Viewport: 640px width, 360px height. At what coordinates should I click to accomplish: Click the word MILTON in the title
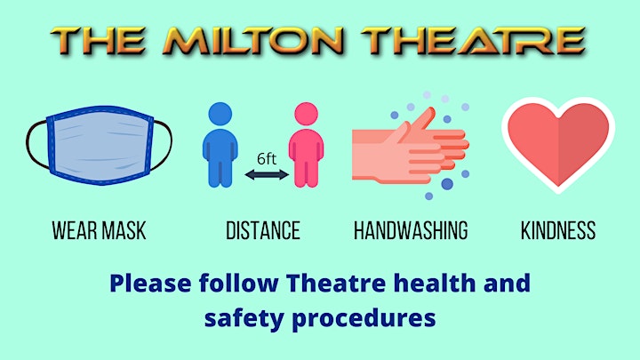(253, 41)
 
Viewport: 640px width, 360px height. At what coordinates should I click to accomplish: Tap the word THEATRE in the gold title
(474, 41)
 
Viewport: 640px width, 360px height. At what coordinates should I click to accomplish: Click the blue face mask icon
(100, 145)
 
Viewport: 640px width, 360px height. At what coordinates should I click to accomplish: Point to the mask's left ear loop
(36, 144)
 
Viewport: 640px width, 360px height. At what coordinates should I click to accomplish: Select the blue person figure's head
(220, 114)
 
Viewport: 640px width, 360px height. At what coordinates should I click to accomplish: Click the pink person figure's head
(306, 114)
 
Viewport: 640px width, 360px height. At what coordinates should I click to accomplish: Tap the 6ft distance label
(267, 159)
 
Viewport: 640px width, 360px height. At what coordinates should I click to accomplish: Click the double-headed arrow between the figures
(267, 175)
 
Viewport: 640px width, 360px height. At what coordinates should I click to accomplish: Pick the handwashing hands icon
(411, 146)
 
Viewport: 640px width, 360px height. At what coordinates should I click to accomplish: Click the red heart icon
(558, 145)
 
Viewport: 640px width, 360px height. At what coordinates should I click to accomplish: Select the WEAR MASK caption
(100, 230)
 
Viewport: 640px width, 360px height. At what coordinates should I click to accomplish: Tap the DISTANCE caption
(263, 230)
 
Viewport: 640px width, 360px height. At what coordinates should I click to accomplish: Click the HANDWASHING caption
(411, 230)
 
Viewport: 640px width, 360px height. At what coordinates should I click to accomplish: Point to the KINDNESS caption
(558, 230)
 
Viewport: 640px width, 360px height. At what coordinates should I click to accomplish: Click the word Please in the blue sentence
(150, 284)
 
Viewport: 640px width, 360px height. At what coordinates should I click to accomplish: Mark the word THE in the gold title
(98, 41)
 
